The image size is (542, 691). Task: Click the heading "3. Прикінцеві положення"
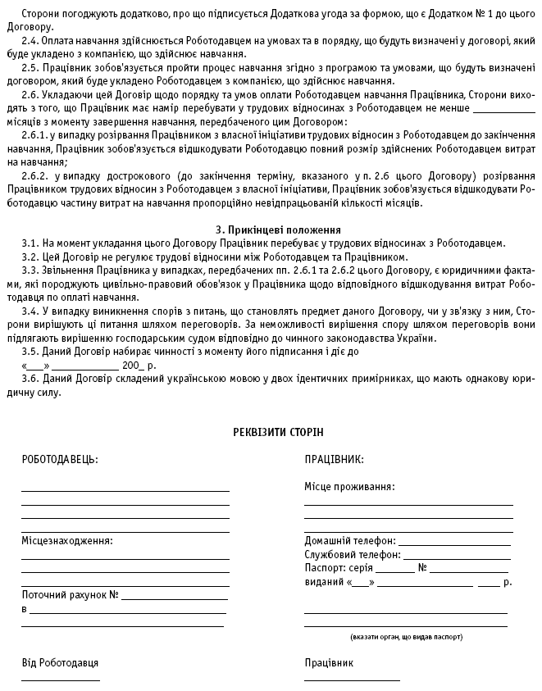tap(272, 230)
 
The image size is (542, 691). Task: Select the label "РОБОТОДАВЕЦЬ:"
tap(60, 460)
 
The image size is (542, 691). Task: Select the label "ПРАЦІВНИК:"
tap(334, 460)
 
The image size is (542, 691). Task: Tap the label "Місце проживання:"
tap(349, 486)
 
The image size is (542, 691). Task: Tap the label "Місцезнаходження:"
tap(67, 541)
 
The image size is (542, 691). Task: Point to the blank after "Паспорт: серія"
tap(395, 571)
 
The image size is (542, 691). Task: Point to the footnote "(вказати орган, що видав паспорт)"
tap(406, 636)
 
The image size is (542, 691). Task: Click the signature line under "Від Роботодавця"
tap(61, 680)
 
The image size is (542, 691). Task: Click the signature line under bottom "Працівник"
tap(352, 680)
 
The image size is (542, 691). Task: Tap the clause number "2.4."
tap(31, 41)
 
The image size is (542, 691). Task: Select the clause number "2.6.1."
tap(36, 134)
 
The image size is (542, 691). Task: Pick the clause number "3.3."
tap(31, 270)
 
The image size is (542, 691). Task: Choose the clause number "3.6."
tap(31, 380)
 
